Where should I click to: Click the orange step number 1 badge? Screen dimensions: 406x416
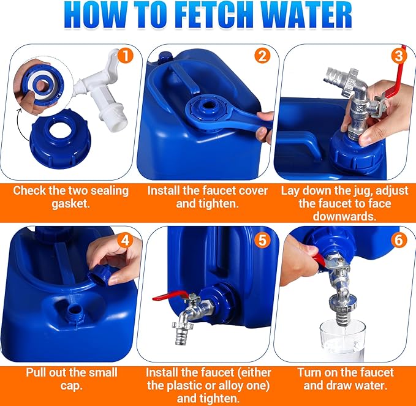click(125, 56)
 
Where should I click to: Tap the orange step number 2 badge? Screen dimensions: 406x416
click(263, 56)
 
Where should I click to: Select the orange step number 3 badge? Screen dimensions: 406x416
click(399, 56)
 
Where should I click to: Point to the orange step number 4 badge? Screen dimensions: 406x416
click(125, 239)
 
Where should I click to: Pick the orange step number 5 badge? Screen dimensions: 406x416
click(263, 239)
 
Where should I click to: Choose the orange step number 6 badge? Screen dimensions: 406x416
click(399, 239)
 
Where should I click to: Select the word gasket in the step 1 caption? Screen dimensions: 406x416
click(70, 203)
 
